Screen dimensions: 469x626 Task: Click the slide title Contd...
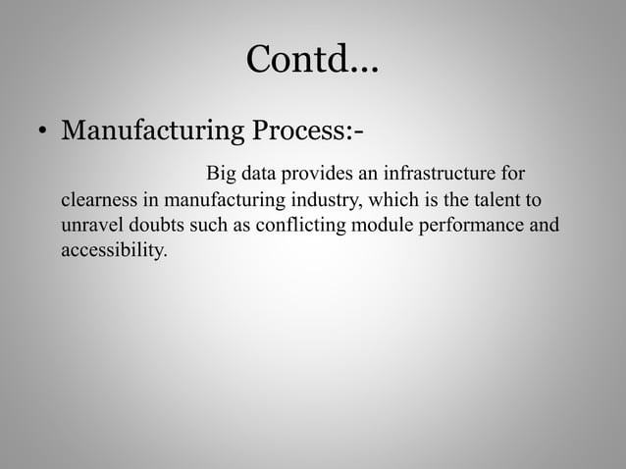click(312, 61)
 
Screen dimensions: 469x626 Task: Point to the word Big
click(221, 176)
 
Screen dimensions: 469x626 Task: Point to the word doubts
click(157, 227)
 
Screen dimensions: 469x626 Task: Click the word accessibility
click(114, 252)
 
